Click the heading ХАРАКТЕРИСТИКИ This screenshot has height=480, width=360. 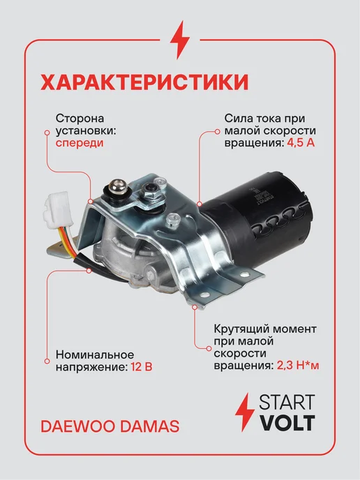point(144,82)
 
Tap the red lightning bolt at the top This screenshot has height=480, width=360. point(180,40)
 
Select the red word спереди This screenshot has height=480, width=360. point(80,143)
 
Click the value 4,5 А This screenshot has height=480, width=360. point(301,142)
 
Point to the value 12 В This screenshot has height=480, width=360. point(142,366)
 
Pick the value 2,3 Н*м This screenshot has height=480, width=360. point(298,365)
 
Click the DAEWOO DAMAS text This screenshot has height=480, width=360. point(110,426)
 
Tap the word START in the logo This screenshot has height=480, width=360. point(287,403)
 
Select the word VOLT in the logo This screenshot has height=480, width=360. point(287,423)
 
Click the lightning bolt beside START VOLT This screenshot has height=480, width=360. point(245,412)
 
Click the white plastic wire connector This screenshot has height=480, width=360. point(58,208)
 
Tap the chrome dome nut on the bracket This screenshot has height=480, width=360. point(118,188)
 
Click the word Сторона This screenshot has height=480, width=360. point(80,118)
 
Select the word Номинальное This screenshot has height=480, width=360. point(95,354)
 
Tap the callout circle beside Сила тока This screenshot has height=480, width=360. point(217,132)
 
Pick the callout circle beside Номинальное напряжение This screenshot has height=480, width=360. point(47,361)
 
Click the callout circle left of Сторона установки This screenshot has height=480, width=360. point(47,133)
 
